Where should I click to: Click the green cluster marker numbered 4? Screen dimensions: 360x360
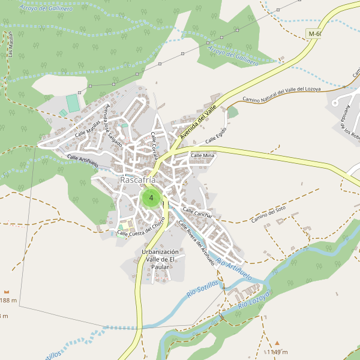[x=151, y=197]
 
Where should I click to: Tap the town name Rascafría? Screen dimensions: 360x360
[x=137, y=180]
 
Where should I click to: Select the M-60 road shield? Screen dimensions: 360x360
[x=314, y=34]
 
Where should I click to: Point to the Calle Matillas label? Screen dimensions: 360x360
[x=88, y=129]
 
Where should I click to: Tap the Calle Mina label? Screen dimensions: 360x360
[x=202, y=155]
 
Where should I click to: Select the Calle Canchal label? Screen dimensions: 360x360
[x=197, y=212]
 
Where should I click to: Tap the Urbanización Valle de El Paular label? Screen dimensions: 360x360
[x=160, y=259]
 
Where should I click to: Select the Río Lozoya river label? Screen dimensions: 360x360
[x=255, y=298]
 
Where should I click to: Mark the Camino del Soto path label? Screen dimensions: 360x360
[x=268, y=215]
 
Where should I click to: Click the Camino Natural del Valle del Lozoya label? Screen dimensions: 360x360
[x=281, y=94]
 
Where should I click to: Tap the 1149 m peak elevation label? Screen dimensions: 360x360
[x=277, y=352]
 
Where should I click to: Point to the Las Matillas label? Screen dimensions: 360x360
[x=10, y=46]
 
